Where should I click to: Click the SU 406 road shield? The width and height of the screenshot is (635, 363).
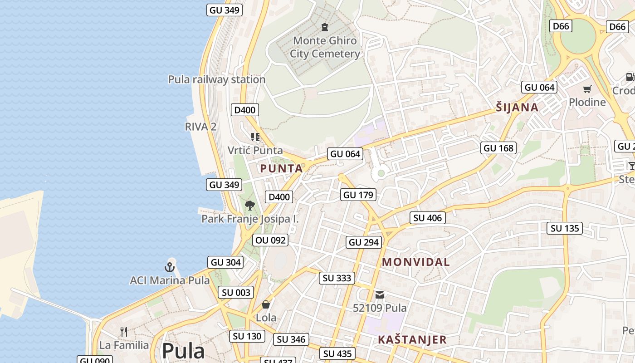click(427, 218)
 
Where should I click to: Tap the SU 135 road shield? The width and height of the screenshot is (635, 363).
click(565, 228)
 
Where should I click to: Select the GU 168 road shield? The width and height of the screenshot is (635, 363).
click(498, 148)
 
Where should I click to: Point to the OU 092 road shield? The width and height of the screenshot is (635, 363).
click(271, 240)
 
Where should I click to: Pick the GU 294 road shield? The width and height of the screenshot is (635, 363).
click(364, 242)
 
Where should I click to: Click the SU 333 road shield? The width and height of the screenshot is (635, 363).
click(337, 278)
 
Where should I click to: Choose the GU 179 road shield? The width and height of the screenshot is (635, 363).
click(358, 195)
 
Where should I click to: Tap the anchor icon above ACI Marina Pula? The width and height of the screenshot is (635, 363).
click(170, 267)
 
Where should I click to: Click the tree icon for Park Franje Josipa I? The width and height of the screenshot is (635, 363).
click(249, 206)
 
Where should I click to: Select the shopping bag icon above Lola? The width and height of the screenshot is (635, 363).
click(266, 304)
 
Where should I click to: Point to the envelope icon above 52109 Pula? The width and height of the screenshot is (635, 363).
click(380, 295)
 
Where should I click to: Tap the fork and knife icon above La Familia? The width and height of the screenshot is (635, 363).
click(124, 332)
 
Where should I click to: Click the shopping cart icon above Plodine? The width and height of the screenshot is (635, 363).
click(587, 89)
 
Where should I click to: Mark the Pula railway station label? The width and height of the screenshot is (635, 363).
click(217, 79)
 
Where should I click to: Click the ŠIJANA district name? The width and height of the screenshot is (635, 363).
click(517, 108)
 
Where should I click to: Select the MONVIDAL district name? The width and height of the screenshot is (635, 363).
click(416, 262)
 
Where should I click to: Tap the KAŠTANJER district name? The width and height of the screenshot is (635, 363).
click(412, 339)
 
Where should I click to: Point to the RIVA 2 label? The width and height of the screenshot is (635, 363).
click(200, 127)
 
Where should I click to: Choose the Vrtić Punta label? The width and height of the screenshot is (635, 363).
click(255, 150)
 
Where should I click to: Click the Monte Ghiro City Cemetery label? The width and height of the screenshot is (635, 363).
click(325, 47)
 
